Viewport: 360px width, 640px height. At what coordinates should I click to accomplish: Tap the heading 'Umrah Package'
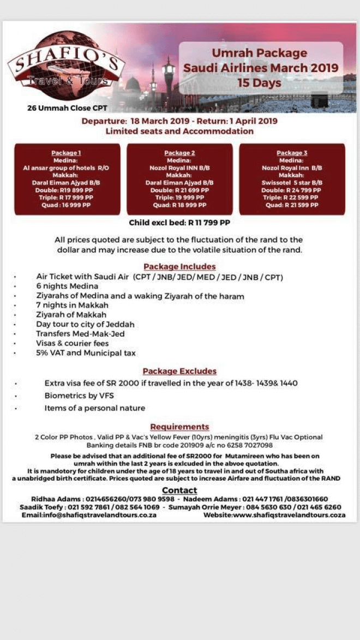coord(260,53)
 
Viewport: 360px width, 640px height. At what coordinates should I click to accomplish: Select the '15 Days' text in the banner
coord(259,83)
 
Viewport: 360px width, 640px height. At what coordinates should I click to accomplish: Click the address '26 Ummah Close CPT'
coord(67,108)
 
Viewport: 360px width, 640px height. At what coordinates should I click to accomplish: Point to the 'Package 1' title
coord(67,153)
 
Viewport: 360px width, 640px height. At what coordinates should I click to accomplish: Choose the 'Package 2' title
coord(179,153)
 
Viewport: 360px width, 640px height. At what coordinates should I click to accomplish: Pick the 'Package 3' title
coord(292,153)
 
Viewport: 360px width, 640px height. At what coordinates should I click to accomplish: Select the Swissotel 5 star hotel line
coord(292,182)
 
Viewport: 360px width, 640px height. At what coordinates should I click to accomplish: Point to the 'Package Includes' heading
coord(179,267)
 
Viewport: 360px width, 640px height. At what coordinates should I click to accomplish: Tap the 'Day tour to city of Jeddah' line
coord(85,325)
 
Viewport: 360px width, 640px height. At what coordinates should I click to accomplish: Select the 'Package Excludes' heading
coord(179,372)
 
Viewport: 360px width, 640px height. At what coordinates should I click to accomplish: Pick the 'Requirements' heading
coord(179,427)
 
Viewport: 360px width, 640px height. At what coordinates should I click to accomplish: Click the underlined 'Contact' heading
coord(179,491)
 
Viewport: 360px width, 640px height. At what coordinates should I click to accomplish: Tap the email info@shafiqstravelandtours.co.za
coord(89,515)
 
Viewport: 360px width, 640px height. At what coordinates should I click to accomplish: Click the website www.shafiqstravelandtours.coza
coord(274,515)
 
